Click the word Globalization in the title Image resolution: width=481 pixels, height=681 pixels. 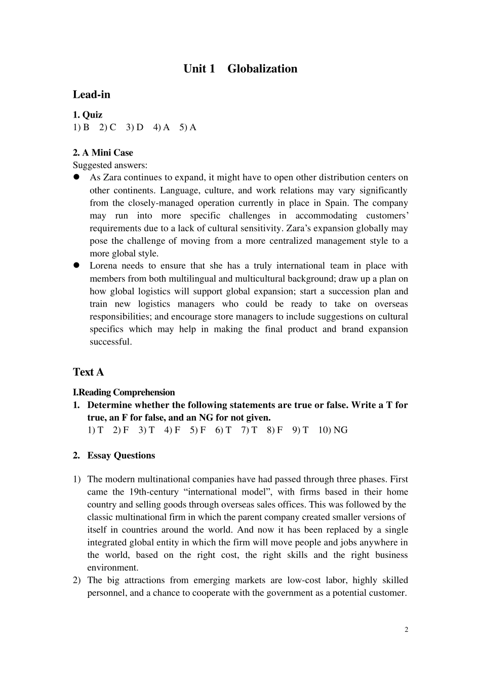[262, 69]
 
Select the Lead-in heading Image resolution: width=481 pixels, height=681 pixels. [92, 95]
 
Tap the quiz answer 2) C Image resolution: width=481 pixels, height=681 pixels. [107, 127]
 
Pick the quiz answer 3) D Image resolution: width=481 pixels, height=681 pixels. [135, 127]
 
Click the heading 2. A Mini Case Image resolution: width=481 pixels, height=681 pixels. [103, 153]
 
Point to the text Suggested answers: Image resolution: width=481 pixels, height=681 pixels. [110, 165]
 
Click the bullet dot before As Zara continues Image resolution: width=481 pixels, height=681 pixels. [77, 177]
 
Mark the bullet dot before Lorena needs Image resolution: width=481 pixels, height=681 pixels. [77, 266]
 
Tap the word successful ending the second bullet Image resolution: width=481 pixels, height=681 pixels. [110, 342]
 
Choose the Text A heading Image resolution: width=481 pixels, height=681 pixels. [88, 372]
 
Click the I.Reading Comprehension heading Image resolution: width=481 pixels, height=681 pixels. [124, 393]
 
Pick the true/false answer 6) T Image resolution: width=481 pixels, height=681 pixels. [223, 430]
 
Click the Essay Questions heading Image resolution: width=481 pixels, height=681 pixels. [121, 456]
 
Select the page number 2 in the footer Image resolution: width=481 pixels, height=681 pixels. [406, 630]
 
